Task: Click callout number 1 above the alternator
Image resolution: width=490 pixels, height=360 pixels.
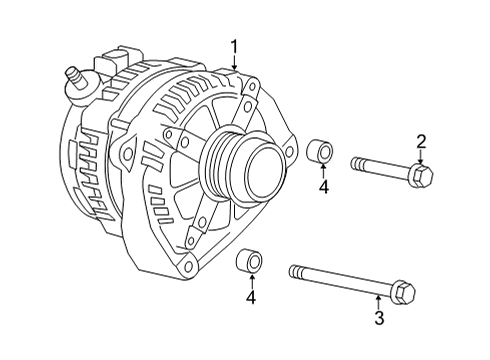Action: click(234, 45)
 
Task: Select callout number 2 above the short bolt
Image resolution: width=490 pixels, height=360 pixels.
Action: click(421, 141)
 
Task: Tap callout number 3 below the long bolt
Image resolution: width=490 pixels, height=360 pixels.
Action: click(379, 318)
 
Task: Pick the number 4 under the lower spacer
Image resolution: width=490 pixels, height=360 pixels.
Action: click(251, 297)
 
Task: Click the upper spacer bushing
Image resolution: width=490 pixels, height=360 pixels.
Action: click(321, 153)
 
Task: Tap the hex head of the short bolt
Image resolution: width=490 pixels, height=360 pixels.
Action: click(421, 176)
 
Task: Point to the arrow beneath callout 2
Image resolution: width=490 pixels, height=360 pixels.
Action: click(421, 158)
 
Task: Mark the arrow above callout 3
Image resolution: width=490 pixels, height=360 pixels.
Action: click(379, 301)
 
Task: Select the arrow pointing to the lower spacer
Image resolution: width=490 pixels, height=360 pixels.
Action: click(251, 283)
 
